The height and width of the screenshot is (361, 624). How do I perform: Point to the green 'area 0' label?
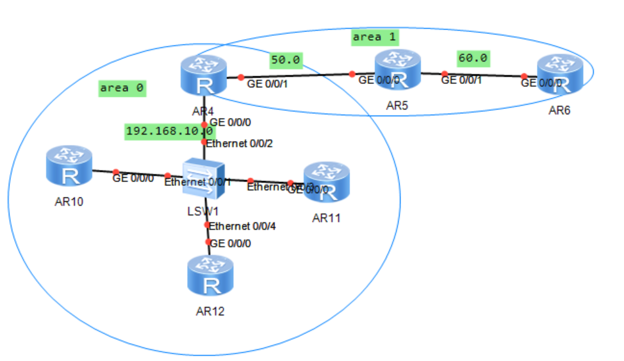click(x=122, y=88)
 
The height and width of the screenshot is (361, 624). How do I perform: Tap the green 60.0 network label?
click(x=473, y=58)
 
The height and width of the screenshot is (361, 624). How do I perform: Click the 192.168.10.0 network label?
click(x=169, y=131)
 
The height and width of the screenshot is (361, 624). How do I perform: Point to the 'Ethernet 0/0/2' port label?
click(x=239, y=143)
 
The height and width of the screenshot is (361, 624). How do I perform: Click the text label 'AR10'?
click(x=69, y=202)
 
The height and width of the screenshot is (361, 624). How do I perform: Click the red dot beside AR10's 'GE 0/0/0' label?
click(x=116, y=172)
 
